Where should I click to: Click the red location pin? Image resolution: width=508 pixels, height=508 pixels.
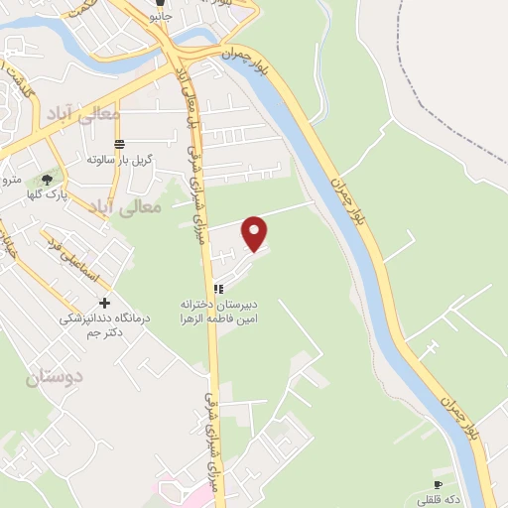click(x=256, y=232)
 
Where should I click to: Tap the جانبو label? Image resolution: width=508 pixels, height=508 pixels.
click(x=159, y=17)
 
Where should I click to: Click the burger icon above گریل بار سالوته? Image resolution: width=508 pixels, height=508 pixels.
click(x=119, y=145)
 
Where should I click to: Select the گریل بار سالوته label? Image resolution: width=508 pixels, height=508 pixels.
click(x=118, y=159)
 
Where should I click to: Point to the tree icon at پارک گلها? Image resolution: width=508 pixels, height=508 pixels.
click(x=47, y=180)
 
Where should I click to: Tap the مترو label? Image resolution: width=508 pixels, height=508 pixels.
click(x=11, y=179)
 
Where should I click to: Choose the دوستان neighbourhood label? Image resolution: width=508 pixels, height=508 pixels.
click(x=54, y=376)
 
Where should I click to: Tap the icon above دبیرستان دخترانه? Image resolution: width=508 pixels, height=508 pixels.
click(x=218, y=289)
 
